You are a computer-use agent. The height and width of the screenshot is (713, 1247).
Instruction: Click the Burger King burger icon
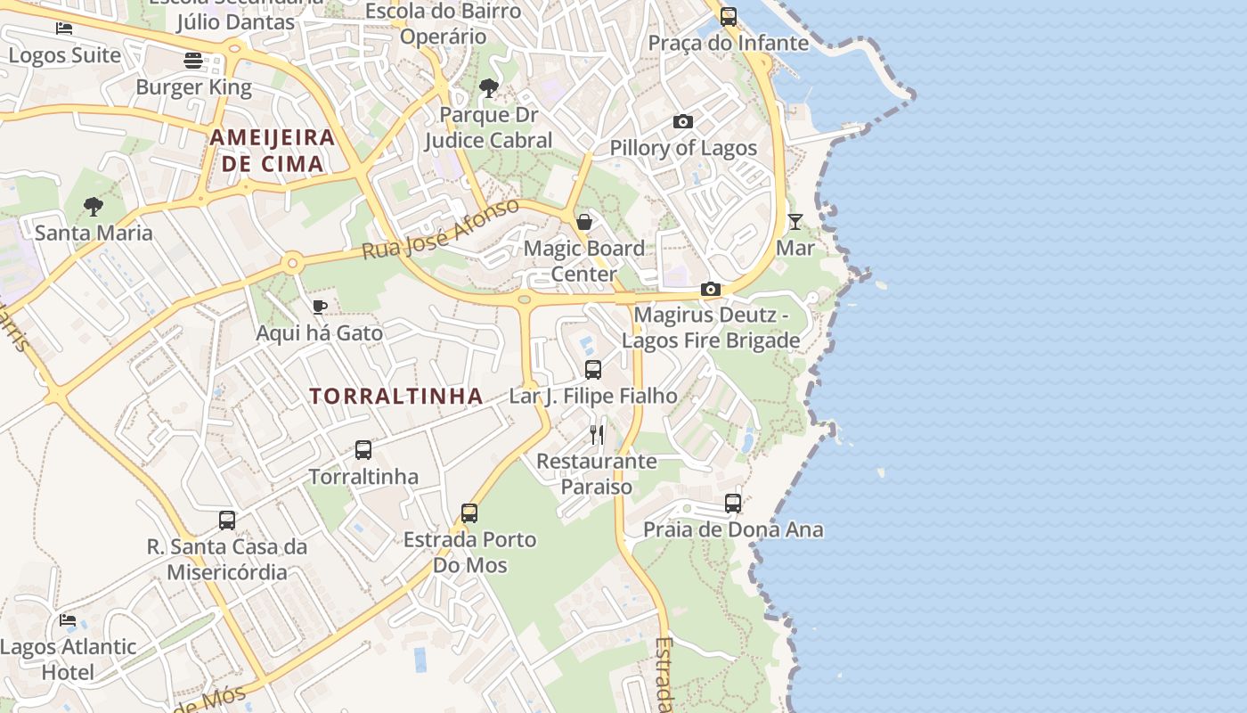point(193,61)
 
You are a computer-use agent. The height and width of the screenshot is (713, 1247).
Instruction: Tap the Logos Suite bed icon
point(64,29)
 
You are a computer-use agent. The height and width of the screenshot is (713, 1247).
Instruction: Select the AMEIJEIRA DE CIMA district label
point(273,151)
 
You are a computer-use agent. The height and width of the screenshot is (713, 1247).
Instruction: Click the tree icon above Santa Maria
point(94,207)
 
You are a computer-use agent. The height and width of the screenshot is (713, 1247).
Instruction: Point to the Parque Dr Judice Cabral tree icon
point(488,87)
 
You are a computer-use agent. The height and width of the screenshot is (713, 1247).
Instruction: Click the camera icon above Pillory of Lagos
point(683,121)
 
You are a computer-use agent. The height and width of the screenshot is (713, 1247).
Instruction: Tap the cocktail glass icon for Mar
point(795,221)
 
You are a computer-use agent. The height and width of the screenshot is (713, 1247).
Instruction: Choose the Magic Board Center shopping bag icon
point(584,221)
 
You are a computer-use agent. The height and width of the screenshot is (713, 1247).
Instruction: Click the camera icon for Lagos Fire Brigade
point(710,289)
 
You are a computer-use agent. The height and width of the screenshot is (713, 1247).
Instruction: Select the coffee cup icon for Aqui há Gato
point(320,307)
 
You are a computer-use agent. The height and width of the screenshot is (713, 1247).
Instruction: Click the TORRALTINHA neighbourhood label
point(396,397)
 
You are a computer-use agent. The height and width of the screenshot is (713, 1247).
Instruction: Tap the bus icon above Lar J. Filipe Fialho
point(593,369)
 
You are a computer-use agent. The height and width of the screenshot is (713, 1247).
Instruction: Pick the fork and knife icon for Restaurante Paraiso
point(597,435)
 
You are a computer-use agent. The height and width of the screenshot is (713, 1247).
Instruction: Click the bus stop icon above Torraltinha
point(363,450)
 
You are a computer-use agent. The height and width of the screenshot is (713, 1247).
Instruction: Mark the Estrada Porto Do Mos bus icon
point(469,512)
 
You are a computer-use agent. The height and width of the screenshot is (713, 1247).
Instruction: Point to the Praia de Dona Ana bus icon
point(733,504)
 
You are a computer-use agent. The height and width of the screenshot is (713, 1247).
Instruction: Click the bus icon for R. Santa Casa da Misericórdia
point(227,520)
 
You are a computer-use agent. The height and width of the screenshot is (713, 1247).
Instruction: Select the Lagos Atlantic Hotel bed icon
point(68,620)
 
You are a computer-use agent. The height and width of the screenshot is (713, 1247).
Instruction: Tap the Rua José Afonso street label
point(440,230)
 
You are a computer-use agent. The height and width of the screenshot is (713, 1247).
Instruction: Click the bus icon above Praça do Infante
point(729,16)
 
